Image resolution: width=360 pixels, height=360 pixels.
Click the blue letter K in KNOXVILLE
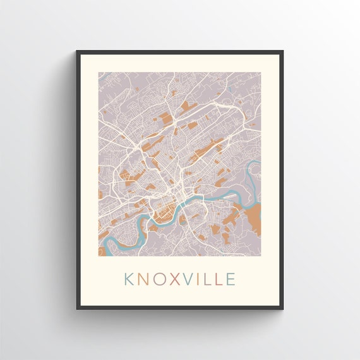click(x=129, y=279)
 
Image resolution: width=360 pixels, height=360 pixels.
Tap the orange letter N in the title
click(x=145, y=279)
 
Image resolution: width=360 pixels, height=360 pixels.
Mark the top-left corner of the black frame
click(x=78, y=51)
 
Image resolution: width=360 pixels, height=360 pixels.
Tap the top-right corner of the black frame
click(x=282, y=51)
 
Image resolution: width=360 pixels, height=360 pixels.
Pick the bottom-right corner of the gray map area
click(x=260, y=256)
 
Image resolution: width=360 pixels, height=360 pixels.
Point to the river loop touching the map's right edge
click(x=255, y=171)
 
